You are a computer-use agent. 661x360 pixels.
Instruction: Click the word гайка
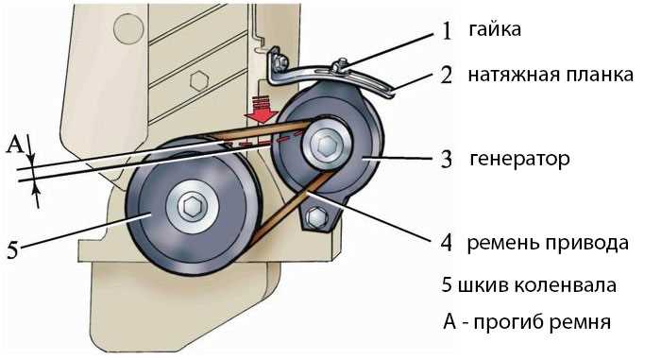click(x=495, y=30)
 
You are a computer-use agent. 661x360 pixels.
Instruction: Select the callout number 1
click(x=447, y=31)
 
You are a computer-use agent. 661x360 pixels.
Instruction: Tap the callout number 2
click(x=446, y=75)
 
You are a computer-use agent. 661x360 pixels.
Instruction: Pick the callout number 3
click(x=446, y=160)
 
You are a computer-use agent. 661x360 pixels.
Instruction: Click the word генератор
click(x=519, y=160)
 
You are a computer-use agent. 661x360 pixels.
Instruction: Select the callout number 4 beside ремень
click(x=446, y=243)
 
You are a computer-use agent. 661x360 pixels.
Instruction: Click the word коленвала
click(x=565, y=285)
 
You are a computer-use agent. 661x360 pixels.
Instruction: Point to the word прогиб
click(x=509, y=323)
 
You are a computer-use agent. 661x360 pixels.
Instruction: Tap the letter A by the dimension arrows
click(x=15, y=145)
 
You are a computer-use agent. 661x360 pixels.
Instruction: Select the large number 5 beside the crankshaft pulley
click(x=13, y=249)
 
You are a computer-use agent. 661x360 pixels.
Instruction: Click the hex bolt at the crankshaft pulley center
click(x=193, y=206)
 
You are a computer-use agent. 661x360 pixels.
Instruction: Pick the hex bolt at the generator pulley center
click(x=327, y=146)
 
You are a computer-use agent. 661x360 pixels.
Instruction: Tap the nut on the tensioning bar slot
click(x=342, y=66)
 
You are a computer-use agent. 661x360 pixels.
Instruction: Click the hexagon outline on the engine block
click(x=199, y=80)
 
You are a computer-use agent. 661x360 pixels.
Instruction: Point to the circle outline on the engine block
click(x=129, y=28)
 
